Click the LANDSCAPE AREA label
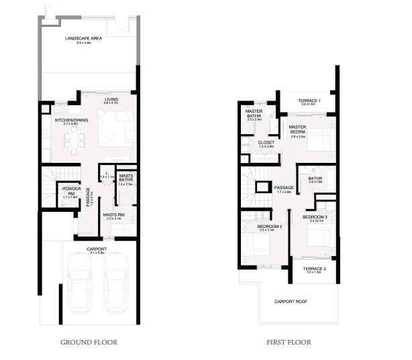[83, 39]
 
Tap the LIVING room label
[111, 101]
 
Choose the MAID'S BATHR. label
[125, 178]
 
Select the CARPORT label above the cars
[97, 250]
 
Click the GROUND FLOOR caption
[89, 342]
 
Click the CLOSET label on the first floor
[266, 143]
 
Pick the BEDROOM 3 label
[314, 218]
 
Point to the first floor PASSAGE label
[285, 188]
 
